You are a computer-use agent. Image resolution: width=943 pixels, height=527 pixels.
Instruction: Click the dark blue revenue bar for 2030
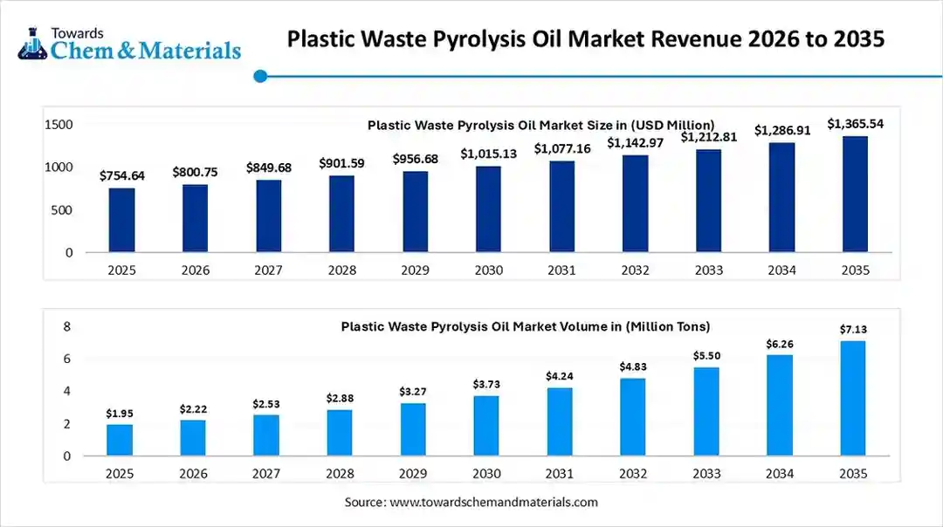[x=489, y=209]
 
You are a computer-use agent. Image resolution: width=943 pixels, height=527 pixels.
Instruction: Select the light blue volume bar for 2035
[x=853, y=398]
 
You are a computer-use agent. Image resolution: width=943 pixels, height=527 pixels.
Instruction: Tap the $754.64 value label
[x=122, y=176]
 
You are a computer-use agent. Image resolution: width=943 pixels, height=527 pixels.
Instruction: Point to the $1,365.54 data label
[x=856, y=124]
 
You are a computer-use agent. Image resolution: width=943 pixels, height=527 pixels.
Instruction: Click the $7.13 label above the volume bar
[x=853, y=329]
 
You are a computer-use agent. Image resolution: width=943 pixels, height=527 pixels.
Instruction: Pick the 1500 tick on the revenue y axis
[x=59, y=125]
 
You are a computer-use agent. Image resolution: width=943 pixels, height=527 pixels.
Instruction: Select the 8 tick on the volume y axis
[x=65, y=326]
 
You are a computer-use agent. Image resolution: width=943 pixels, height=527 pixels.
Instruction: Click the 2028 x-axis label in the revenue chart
[x=342, y=270]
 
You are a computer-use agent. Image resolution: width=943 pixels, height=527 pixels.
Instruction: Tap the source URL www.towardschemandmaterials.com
[x=493, y=502]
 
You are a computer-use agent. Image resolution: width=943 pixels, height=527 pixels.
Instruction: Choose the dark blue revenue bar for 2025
[x=122, y=221]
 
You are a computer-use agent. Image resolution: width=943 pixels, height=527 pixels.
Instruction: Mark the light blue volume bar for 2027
[x=267, y=435]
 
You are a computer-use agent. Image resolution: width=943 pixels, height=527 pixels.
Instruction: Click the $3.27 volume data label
[x=414, y=393]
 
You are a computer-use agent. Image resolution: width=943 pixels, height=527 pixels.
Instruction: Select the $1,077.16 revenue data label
[x=562, y=149]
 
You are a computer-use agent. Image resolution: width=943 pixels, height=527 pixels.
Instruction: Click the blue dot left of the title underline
[x=259, y=77]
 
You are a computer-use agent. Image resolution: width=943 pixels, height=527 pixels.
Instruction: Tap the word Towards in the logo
[x=78, y=32]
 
